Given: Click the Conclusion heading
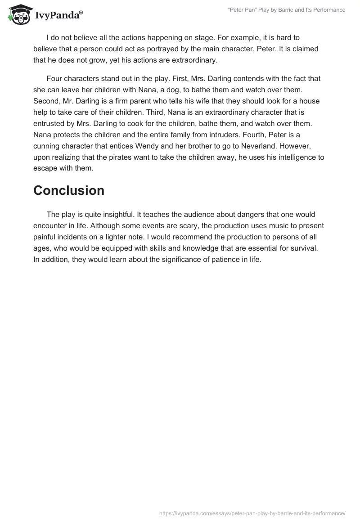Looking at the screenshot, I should (69, 190).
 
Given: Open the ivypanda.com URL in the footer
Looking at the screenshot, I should (252, 513).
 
